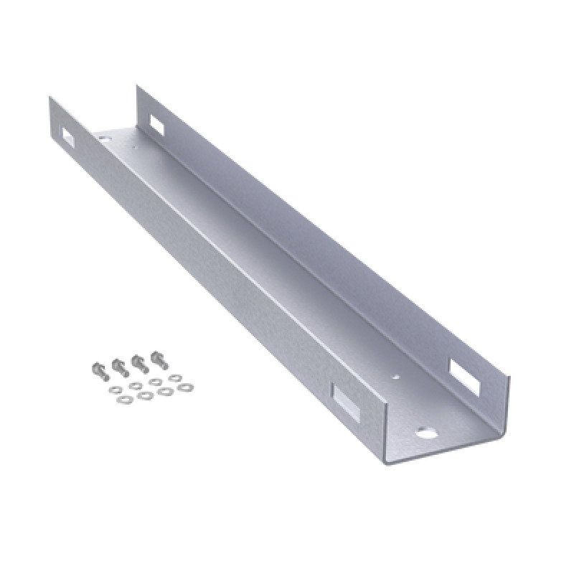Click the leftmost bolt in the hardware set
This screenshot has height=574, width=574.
[x=98, y=370]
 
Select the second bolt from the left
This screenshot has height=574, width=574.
[x=117, y=365]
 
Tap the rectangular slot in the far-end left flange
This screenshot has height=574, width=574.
[x=67, y=136]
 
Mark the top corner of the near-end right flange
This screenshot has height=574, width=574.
[x=510, y=375]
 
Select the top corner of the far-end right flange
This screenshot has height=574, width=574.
[x=138, y=86]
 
